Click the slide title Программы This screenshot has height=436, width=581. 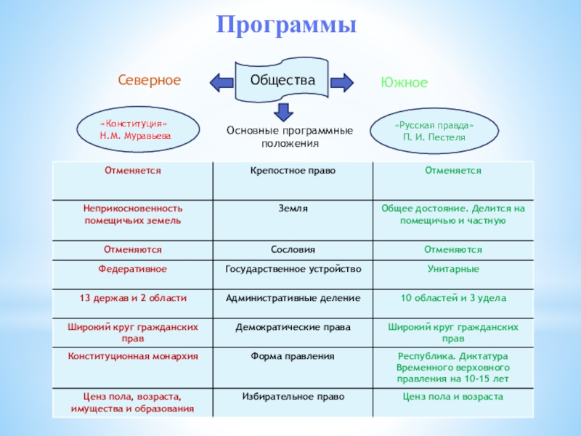pyautogui.click(x=287, y=25)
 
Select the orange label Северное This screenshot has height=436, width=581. pyautogui.click(x=150, y=80)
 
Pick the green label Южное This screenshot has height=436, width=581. pyautogui.click(x=404, y=83)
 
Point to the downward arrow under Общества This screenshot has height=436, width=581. pyautogui.click(x=283, y=111)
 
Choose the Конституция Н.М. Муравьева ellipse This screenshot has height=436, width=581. pyautogui.click(x=138, y=130)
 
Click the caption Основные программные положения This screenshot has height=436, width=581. pyautogui.click(x=289, y=136)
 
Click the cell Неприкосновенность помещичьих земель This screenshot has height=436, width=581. pyautogui.click(x=132, y=214)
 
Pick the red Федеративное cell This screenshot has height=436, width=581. pyautogui.click(x=132, y=269)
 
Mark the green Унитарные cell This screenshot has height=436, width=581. pyautogui.click(x=452, y=269)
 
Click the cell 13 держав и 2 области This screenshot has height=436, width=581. pyautogui.click(x=132, y=298)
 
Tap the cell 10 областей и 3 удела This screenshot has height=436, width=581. pyautogui.click(x=452, y=298)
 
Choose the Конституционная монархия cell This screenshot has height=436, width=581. pyautogui.click(x=132, y=356)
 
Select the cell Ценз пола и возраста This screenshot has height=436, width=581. pyautogui.click(x=452, y=397)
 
